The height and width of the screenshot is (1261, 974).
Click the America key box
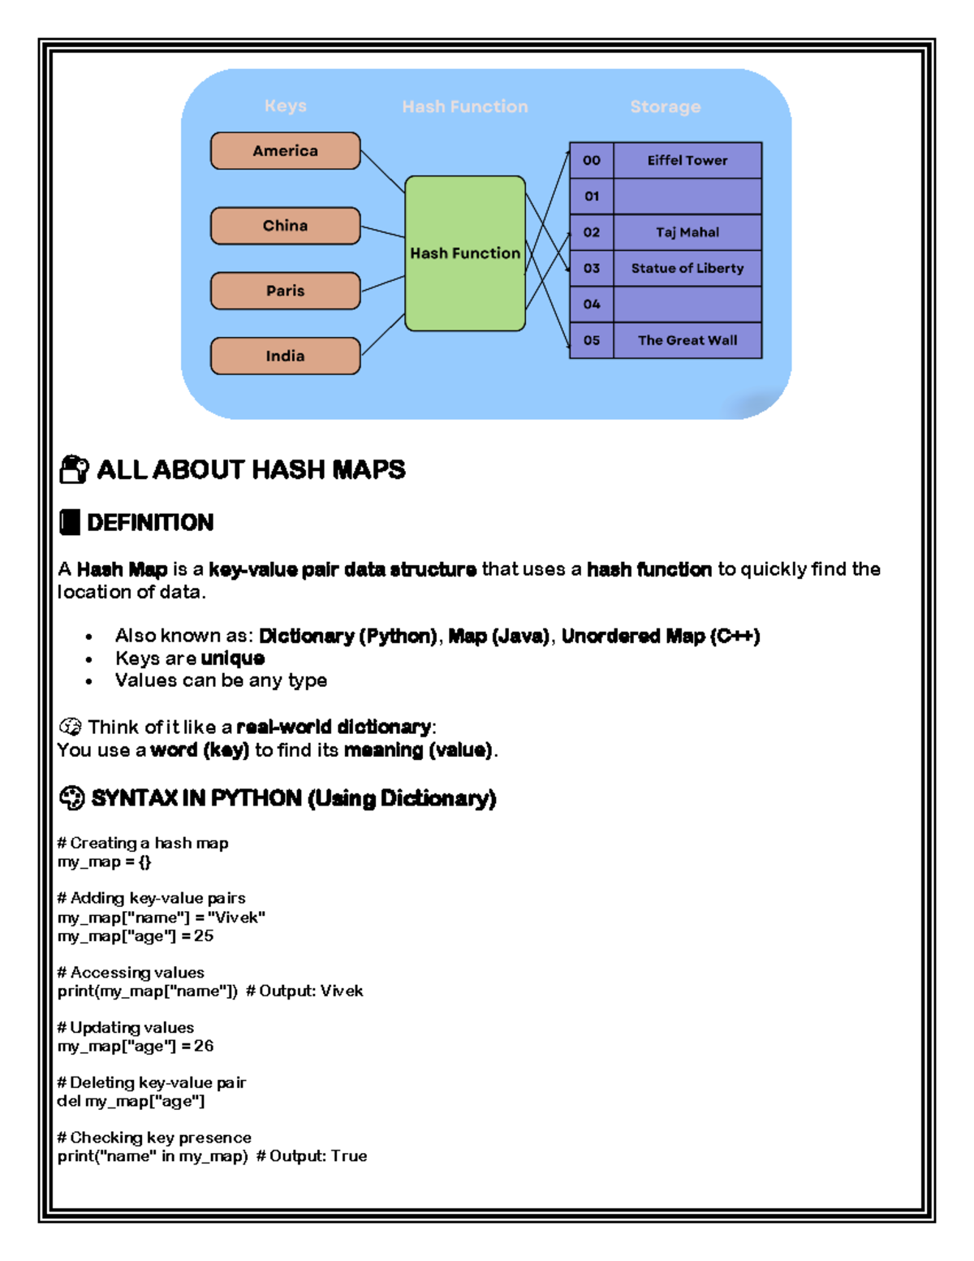(x=285, y=151)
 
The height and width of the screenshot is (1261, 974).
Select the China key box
(x=285, y=226)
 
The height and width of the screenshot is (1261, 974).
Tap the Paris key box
(x=285, y=291)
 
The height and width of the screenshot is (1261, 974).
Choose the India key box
(x=285, y=356)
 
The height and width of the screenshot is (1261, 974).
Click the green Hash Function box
(x=464, y=253)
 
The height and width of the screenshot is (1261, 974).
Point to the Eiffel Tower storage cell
(x=687, y=161)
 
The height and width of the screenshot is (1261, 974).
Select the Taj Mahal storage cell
(x=687, y=232)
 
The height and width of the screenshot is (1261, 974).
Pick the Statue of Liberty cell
(x=687, y=268)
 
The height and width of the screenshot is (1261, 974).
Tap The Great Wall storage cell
(x=687, y=340)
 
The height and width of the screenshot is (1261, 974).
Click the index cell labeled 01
(x=592, y=196)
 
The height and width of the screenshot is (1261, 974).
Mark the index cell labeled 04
(x=592, y=304)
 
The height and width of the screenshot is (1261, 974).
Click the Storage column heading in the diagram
(x=665, y=106)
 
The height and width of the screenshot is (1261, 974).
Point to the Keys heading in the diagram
(x=285, y=106)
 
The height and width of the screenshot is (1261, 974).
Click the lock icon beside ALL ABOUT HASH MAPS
(x=74, y=469)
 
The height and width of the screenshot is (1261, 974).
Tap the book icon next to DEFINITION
(x=70, y=522)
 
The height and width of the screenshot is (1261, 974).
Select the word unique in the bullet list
(x=232, y=659)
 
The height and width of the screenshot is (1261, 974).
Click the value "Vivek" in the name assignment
(x=236, y=918)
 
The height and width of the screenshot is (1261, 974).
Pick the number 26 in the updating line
(x=204, y=1046)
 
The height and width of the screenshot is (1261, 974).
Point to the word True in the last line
(x=348, y=1156)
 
